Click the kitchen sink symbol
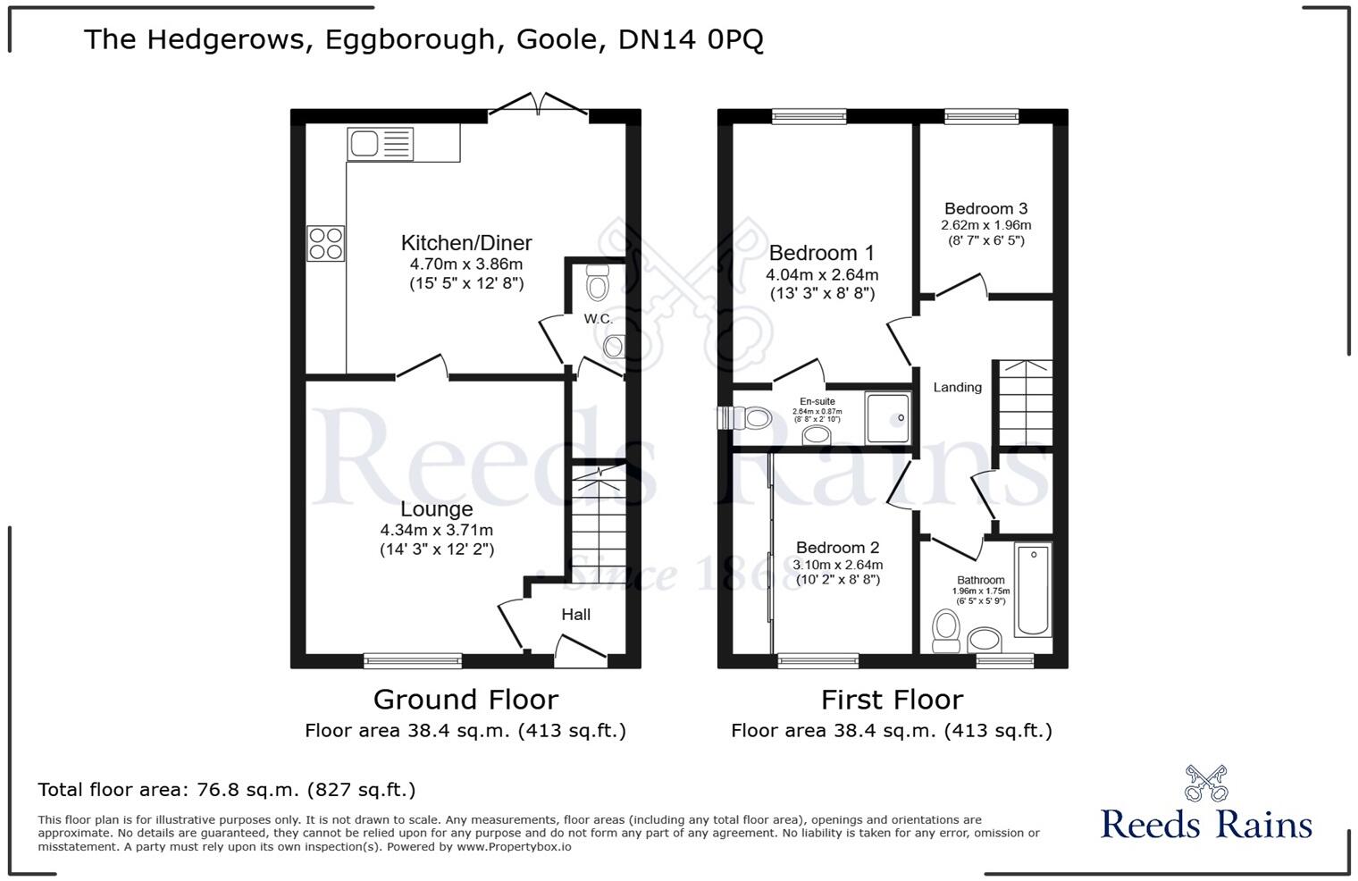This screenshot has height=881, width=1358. tap(381, 144)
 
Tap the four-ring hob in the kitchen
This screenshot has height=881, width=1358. tap(326, 243)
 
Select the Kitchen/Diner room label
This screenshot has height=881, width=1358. tap(465, 243)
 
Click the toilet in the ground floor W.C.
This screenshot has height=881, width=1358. tap(597, 284)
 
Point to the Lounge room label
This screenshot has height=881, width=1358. tap(436, 509)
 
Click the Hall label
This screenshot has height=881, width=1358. tap(575, 615)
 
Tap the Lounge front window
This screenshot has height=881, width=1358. tap(413, 661)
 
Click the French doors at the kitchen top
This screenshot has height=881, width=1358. tap(538, 107)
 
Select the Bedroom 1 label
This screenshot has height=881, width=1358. tap(821, 254)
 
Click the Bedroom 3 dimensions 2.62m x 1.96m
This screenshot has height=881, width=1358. tap(985, 225)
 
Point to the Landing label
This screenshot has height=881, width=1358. tap(957, 388)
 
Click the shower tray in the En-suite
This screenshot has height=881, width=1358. tap(887, 417)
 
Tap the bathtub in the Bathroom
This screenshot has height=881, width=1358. tap(1033, 590)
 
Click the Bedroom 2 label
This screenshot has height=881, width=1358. tap(837, 548)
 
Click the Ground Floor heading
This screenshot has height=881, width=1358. tap(465, 700)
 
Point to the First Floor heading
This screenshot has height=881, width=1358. tap(892, 700)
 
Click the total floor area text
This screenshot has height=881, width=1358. tap(226, 790)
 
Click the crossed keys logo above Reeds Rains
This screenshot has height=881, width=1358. tap(1205, 783)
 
